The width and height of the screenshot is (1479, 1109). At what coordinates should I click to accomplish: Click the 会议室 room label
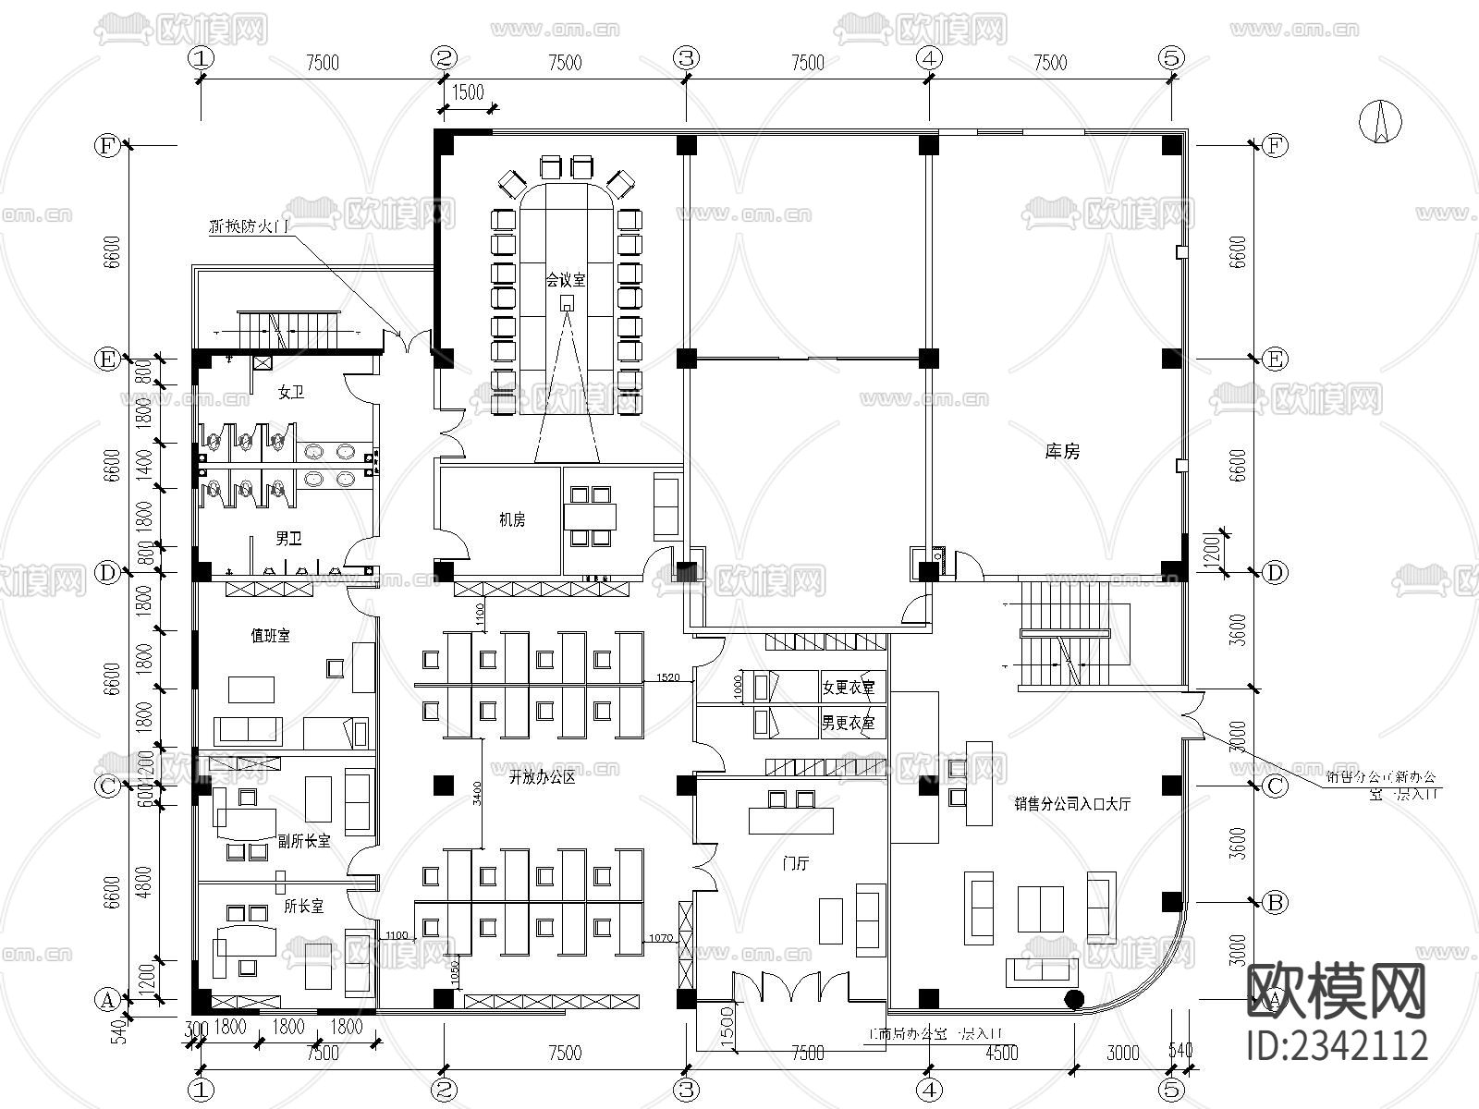pos(565,278)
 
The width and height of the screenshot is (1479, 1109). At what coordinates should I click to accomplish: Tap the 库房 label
pos(1062,452)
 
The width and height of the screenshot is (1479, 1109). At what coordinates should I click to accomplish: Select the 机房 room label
pos(512,520)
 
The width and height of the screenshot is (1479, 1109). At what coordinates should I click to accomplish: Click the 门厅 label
pos(795,864)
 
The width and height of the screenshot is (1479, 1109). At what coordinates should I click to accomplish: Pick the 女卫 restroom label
pos(291,393)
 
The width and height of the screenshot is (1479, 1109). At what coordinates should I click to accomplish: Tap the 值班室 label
pos(270,636)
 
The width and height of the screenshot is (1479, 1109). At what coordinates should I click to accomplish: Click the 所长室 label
pos(303,907)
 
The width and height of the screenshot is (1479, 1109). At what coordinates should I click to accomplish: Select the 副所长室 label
pos(304,841)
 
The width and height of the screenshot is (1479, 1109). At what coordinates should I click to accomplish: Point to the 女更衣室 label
pos(848,688)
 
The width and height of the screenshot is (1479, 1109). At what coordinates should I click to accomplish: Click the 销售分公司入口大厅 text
pos(1071,804)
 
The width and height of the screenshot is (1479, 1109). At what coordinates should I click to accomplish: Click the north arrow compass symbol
pos(1381,120)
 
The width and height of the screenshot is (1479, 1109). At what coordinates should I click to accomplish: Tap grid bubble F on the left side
pos(108,145)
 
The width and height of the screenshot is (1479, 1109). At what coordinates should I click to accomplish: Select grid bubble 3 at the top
pos(685,57)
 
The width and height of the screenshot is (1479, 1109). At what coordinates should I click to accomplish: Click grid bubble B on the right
pos(1275,902)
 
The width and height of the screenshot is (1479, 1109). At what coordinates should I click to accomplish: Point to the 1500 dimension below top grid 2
pos(468,91)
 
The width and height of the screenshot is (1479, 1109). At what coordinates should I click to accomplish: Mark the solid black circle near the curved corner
pos(1074,998)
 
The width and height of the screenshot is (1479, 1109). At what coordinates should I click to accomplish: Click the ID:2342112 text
pos(1338,1045)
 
